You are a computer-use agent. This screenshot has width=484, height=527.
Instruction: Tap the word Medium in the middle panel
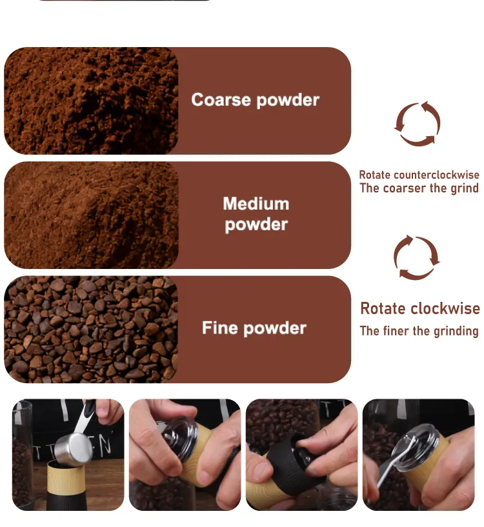click(x=256, y=204)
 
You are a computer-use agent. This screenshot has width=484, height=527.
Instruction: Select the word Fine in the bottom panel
click(x=219, y=327)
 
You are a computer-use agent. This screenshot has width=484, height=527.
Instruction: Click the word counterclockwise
click(x=436, y=175)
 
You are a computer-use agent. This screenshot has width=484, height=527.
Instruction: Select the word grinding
click(x=456, y=332)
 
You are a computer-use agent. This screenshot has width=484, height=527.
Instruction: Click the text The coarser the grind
click(x=419, y=188)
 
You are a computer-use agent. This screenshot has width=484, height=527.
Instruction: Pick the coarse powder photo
click(x=91, y=101)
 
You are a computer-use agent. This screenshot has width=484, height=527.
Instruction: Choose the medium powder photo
click(x=91, y=215)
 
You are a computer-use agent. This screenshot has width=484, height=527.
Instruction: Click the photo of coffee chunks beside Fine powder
click(x=91, y=330)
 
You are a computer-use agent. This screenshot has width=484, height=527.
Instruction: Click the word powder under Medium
click(x=256, y=225)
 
